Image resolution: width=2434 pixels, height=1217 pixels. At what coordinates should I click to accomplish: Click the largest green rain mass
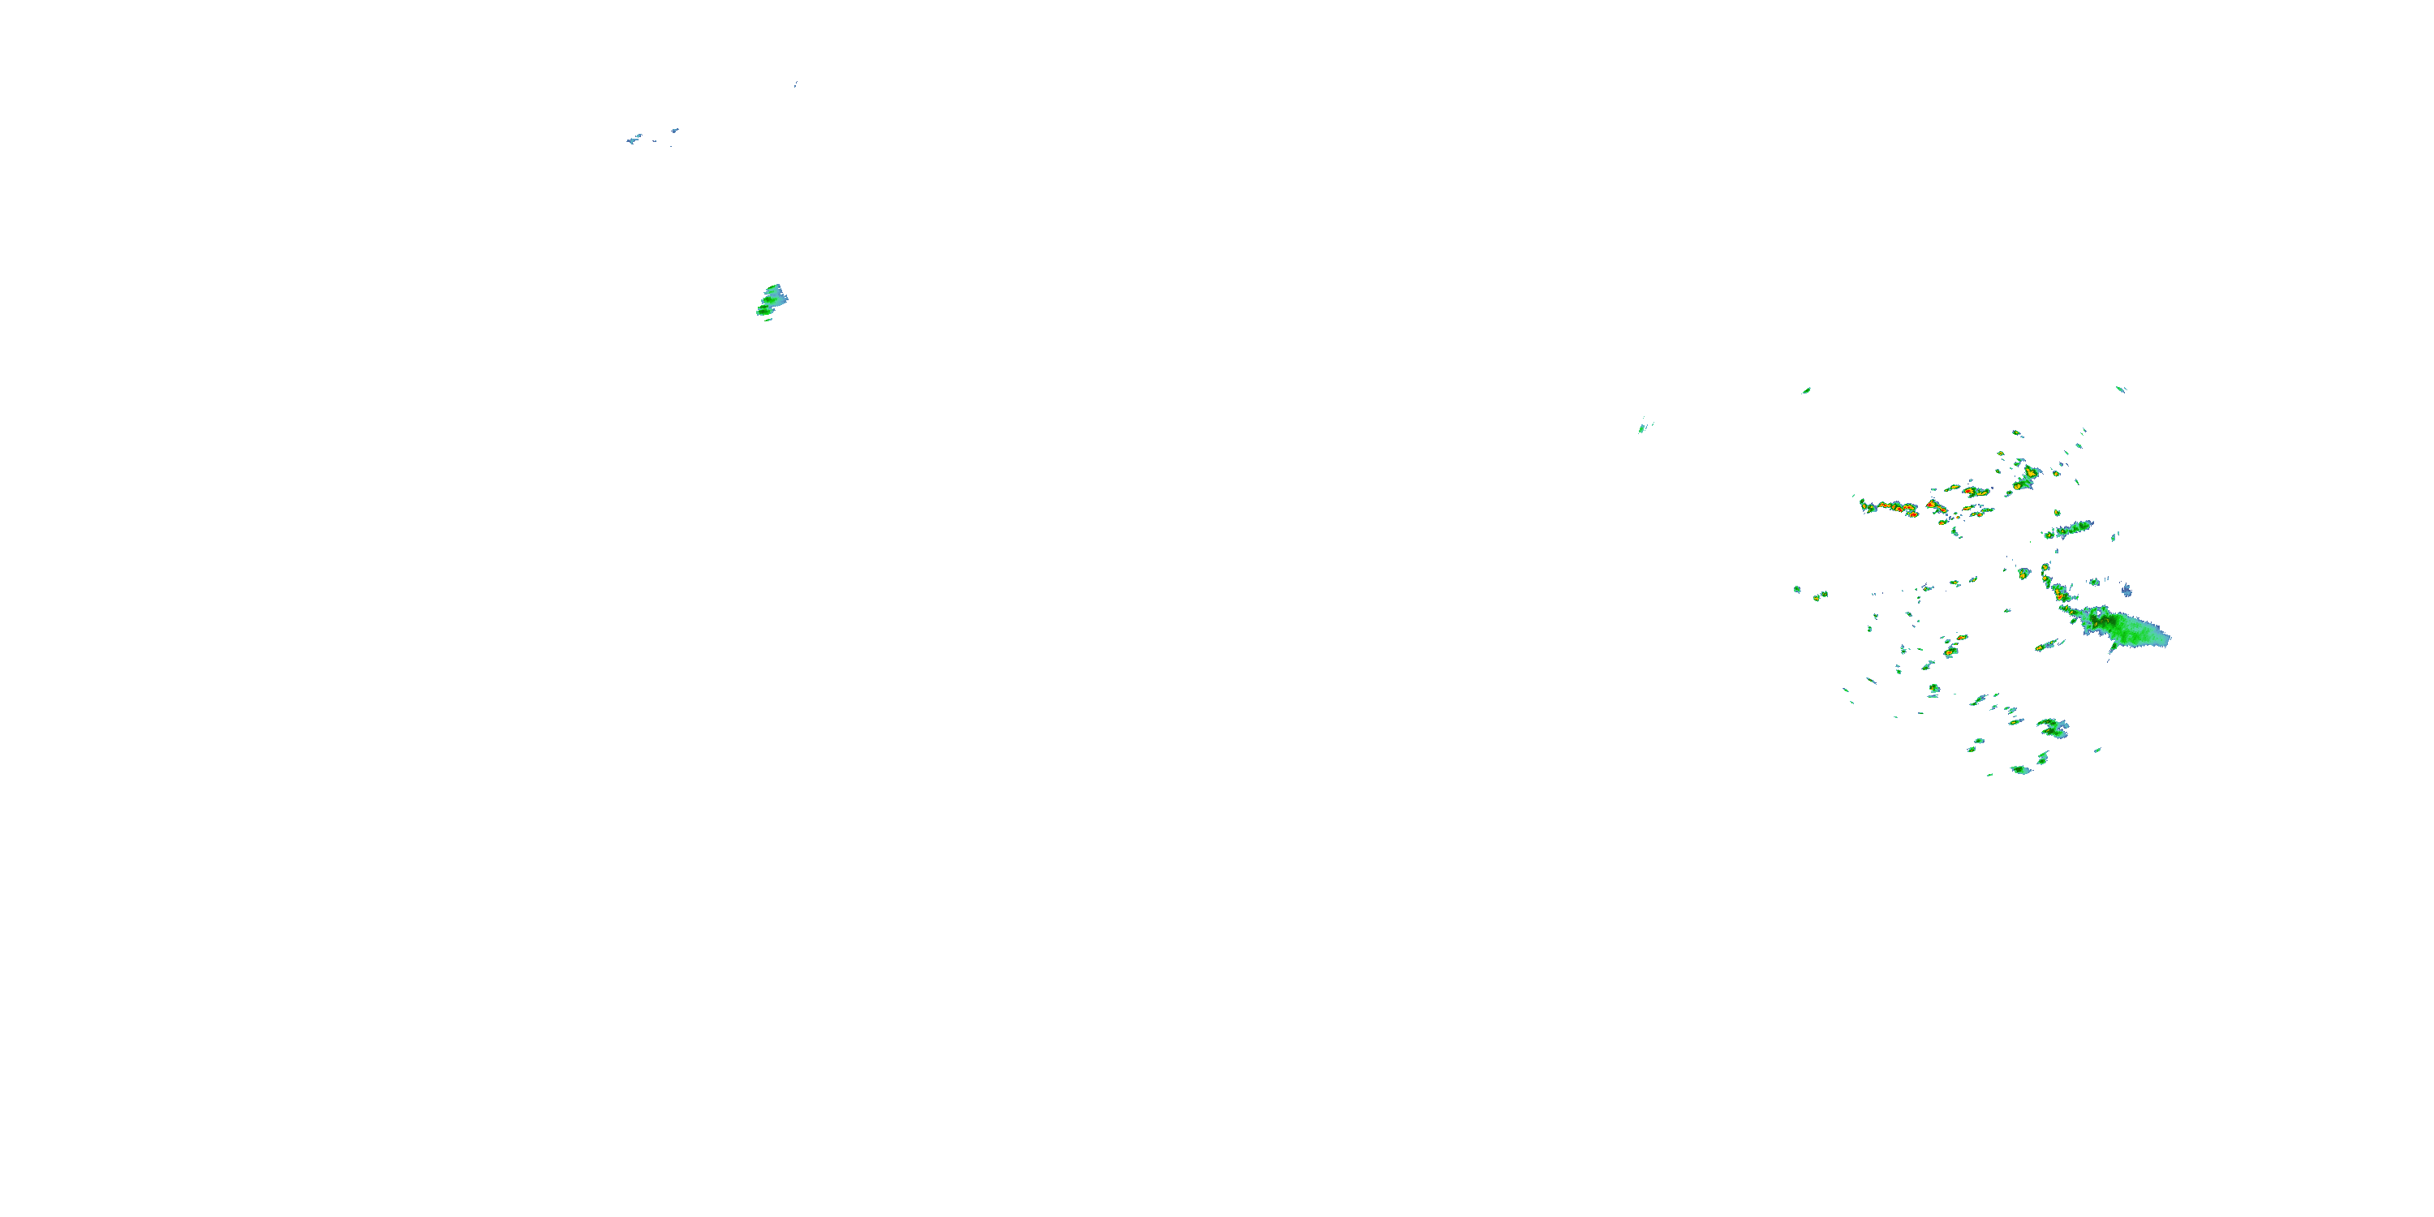(x=2131, y=630)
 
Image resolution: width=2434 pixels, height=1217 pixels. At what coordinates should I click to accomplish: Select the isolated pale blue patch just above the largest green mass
(x=2126, y=590)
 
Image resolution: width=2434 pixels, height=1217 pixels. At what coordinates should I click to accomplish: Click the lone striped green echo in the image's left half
(x=772, y=300)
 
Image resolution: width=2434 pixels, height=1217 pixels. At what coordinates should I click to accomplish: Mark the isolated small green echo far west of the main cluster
(x=1643, y=427)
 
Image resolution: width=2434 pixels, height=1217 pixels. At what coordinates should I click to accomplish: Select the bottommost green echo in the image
(x=2021, y=770)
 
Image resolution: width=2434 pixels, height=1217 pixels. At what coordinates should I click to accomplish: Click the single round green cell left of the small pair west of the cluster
(x=1797, y=590)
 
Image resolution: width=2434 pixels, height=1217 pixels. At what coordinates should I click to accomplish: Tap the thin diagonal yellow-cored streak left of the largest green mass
(x=2047, y=645)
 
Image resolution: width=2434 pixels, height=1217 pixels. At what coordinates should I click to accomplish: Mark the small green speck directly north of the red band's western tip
(x=1806, y=390)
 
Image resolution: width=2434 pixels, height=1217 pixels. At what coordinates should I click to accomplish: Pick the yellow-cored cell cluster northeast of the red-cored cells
(x=2026, y=478)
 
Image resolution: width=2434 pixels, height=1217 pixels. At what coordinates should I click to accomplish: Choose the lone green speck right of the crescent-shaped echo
(x=2097, y=751)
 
